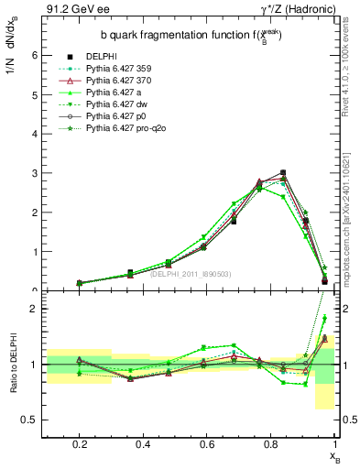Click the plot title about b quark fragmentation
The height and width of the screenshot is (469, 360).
[190, 36]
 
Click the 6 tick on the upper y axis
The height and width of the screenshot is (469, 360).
[35, 55]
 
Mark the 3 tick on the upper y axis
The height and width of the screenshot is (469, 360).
[35, 173]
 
